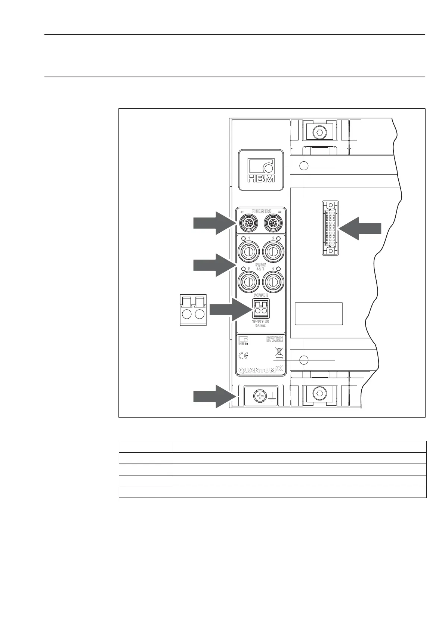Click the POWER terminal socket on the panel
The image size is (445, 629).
pyautogui.click(x=261, y=309)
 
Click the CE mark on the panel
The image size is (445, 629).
pyautogui.click(x=244, y=356)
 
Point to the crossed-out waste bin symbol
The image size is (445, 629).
pyautogui.click(x=278, y=353)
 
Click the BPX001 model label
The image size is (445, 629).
pyautogui.click(x=275, y=339)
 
